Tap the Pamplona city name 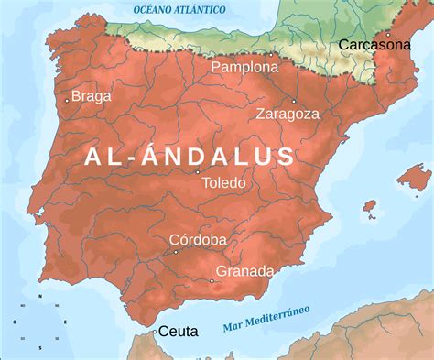[244, 68]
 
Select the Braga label [91, 95]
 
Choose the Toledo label [223, 182]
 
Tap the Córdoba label [198, 240]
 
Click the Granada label [244, 271]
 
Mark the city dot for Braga [67, 95]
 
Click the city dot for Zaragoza [294, 101]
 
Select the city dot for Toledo [198, 171]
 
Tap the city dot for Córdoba [177, 252]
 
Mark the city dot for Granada [212, 281]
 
